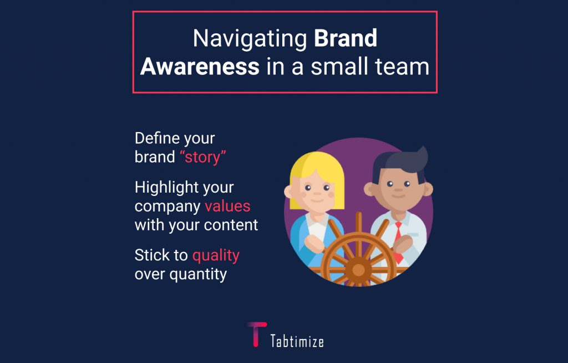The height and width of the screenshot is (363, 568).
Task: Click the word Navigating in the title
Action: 250,39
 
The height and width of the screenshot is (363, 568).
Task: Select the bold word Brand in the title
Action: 346,38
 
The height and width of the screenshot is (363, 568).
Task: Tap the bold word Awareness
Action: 200,67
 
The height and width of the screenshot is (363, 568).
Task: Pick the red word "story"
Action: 203,157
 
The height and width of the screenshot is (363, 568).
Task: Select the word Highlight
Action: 166,188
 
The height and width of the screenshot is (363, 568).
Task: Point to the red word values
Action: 227,206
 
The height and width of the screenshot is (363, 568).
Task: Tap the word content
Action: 231,225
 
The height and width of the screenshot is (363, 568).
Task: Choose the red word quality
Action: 216,256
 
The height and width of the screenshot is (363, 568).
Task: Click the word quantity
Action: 199,275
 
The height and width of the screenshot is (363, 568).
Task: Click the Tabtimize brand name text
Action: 297,341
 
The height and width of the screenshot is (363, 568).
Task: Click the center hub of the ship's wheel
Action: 358,270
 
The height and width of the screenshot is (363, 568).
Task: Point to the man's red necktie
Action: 398,242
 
